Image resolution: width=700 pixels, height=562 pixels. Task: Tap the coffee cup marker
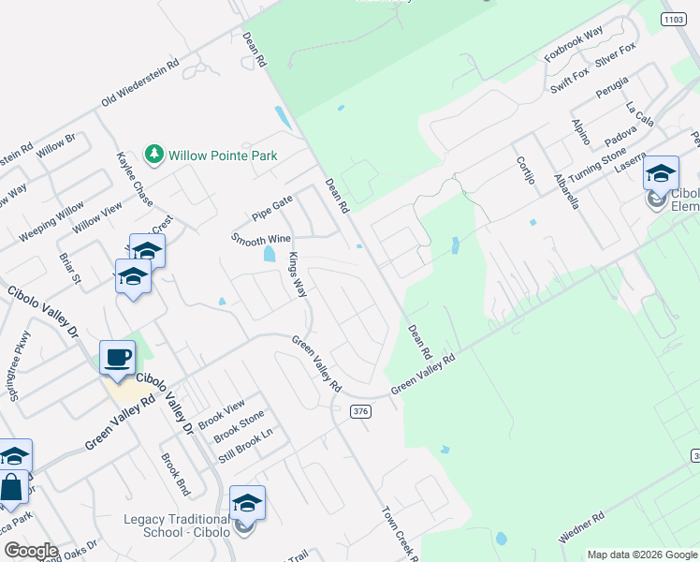tap(117, 359)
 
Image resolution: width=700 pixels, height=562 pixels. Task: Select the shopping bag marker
tap(13, 488)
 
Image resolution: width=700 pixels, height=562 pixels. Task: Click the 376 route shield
tap(361, 411)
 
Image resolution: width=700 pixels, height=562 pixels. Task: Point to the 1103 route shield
tap(673, 18)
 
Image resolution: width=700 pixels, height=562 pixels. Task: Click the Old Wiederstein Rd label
tap(140, 83)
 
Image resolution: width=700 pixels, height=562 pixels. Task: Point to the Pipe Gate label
tap(272, 201)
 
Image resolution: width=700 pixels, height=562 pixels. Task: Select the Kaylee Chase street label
tap(134, 180)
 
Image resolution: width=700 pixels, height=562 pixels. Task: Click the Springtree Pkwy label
tap(20, 366)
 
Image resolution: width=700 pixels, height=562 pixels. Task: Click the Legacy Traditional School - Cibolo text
tap(177, 526)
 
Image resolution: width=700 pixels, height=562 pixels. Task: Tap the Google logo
tap(30, 551)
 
